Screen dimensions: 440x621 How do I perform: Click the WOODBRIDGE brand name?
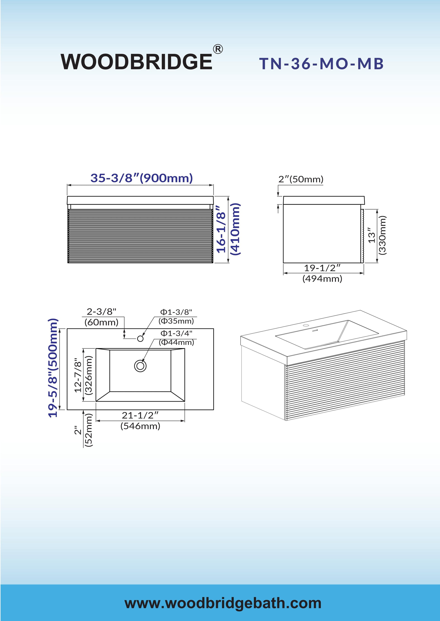(136, 62)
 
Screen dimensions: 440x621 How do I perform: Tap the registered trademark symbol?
(218, 49)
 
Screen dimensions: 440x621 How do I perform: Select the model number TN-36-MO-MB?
(321, 64)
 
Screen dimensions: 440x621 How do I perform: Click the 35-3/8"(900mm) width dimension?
(142, 178)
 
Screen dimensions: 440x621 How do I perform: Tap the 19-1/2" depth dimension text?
(322, 268)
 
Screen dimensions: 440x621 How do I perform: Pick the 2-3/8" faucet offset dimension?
(101, 312)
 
